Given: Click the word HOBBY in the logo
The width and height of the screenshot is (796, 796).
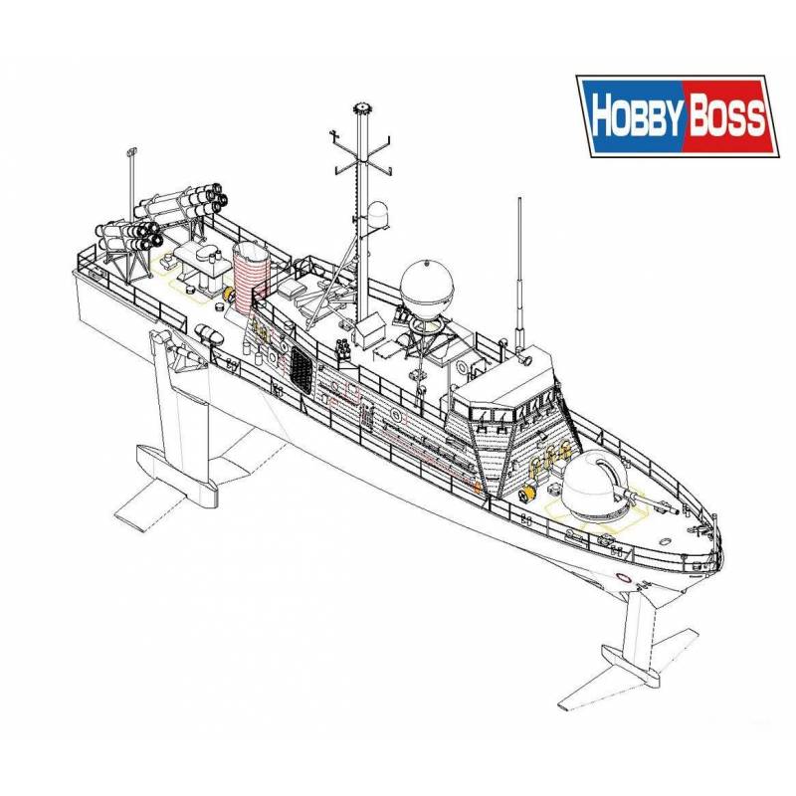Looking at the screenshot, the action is [x=638, y=116].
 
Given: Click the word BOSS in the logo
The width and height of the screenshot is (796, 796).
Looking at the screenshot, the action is [x=726, y=117].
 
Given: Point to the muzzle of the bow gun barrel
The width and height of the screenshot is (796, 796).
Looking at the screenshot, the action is [x=676, y=511].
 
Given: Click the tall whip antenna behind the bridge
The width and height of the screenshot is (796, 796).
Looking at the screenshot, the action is [x=519, y=275].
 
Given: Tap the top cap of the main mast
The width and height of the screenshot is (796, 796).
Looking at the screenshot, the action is [x=362, y=107].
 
